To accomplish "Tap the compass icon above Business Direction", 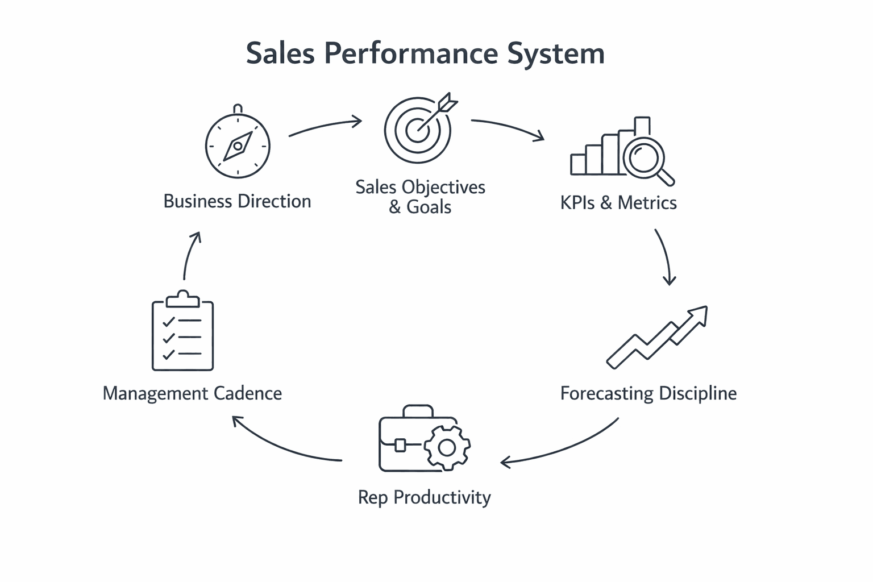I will (x=238, y=145).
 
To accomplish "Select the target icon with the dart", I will (x=418, y=129).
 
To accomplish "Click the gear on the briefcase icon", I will (x=447, y=448).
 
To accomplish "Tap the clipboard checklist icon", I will (x=182, y=332).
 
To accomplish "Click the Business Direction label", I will (x=237, y=201).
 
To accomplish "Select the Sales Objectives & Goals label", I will (x=420, y=197).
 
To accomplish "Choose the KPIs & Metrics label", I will (x=618, y=203).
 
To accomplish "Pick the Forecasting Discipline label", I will (x=648, y=393).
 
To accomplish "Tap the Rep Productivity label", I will (x=424, y=497).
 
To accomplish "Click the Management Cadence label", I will (x=192, y=393).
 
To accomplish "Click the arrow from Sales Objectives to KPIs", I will (x=508, y=128).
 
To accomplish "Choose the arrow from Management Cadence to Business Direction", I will (x=190, y=255).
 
